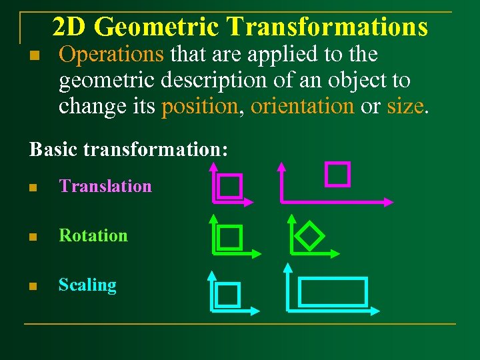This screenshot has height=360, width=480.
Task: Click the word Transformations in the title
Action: pyautogui.click(x=327, y=27)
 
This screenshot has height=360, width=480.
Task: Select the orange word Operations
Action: pyautogui.click(x=111, y=54)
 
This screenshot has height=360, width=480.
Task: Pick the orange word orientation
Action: pyautogui.click(x=302, y=106)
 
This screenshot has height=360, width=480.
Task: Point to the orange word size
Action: pyautogui.click(x=404, y=106)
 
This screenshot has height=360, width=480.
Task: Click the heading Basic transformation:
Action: pyautogui.click(x=129, y=149)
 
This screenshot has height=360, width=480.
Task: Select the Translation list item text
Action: pyautogui.click(x=105, y=186)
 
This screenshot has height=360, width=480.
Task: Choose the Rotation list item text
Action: pyautogui.click(x=93, y=235)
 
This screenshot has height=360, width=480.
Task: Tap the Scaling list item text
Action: pyautogui.click(x=87, y=285)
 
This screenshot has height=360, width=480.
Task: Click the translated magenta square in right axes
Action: pyautogui.click(x=337, y=173)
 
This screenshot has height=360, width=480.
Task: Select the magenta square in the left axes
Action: pyautogui.click(x=230, y=187)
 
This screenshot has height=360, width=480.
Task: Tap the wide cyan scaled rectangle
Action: pyautogui.click(x=333, y=292)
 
